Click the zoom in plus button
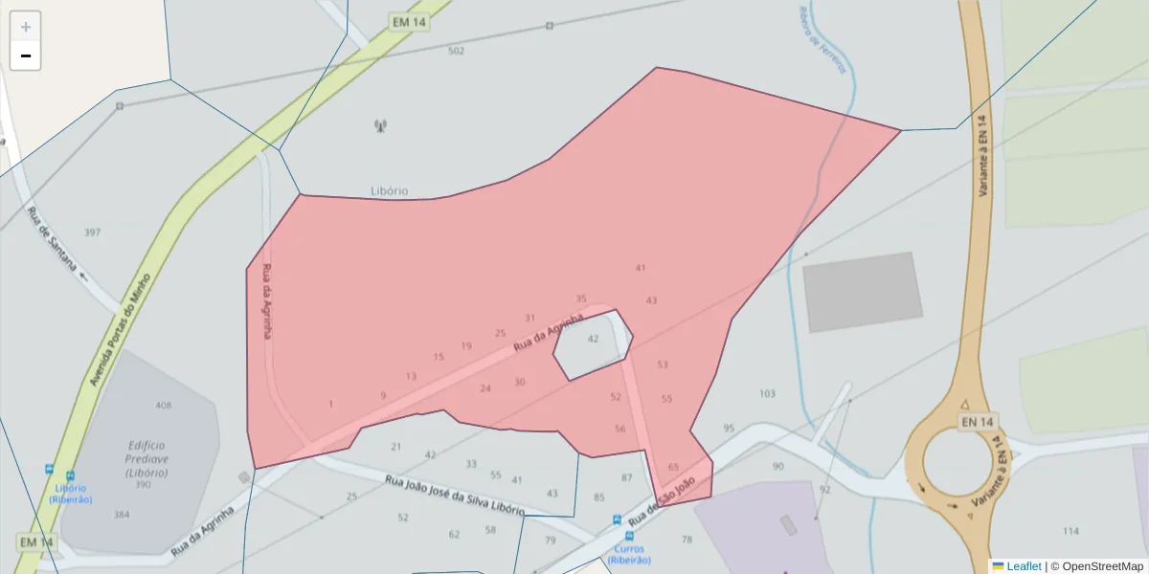[x=26, y=27]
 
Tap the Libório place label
[x=389, y=191]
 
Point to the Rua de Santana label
[x=52, y=239]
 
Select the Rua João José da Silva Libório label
[x=454, y=495]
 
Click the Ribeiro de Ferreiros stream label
[x=823, y=39]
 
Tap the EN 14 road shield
[x=979, y=422]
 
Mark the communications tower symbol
[x=380, y=125]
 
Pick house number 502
[x=456, y=51]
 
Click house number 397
[x=92, y=232]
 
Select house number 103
[x=767, y=394]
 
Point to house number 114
[x=1070, y=531]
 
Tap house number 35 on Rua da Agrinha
[x=581, y=299]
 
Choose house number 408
[x=164, y=406]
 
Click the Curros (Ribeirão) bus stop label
[x=629, y=554]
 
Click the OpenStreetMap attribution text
[x=1096, y=566]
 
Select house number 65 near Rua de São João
[x=673, y=468]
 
